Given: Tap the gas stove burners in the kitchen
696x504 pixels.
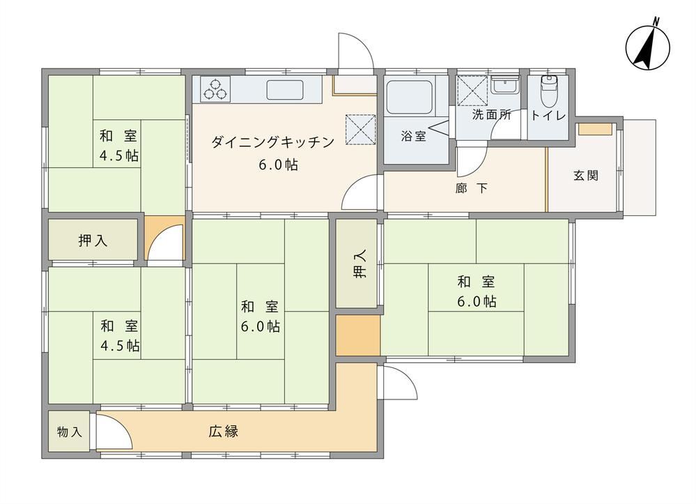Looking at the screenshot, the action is (x=215, y=89).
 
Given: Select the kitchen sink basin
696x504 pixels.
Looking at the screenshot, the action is (x=285, y=90).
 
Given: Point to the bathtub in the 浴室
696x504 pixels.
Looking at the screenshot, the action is (x=409, y=98).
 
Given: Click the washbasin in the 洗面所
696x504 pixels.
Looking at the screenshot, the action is (x=505, y=84).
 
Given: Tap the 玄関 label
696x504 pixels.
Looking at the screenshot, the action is (x=586, y=176).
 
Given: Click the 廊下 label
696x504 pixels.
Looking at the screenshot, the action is (x=472, y=188).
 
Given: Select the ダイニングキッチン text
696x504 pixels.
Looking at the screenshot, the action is (x=272, y=142).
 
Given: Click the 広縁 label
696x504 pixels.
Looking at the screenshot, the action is (x=223, y=432).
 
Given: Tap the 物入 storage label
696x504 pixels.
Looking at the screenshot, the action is (x=70, y=432).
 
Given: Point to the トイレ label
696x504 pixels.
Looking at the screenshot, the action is (x=548, y=116).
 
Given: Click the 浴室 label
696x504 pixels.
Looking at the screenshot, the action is (x=413, y=137).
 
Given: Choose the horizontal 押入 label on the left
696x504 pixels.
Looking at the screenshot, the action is (x=93, y=240).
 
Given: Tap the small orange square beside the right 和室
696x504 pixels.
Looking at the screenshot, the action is (x=358, y=335).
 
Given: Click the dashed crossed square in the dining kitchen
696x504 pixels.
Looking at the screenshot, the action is (x=360, y=130).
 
